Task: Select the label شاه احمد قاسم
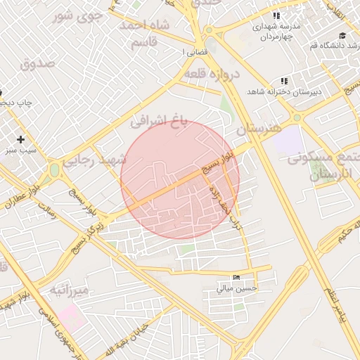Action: pos(146,33)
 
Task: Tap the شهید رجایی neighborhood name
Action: pos(95,160)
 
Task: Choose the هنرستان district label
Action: pos(258,129)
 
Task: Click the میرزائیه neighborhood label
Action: pos(69,290)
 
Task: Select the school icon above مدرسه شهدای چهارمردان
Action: pos(277,15)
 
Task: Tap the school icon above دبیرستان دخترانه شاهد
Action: pos(284,81)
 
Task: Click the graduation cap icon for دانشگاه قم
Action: pos(342,35)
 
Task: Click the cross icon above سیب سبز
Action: pos(21,139)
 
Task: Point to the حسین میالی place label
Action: pos(236,288)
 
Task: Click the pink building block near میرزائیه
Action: pos(72,317)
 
